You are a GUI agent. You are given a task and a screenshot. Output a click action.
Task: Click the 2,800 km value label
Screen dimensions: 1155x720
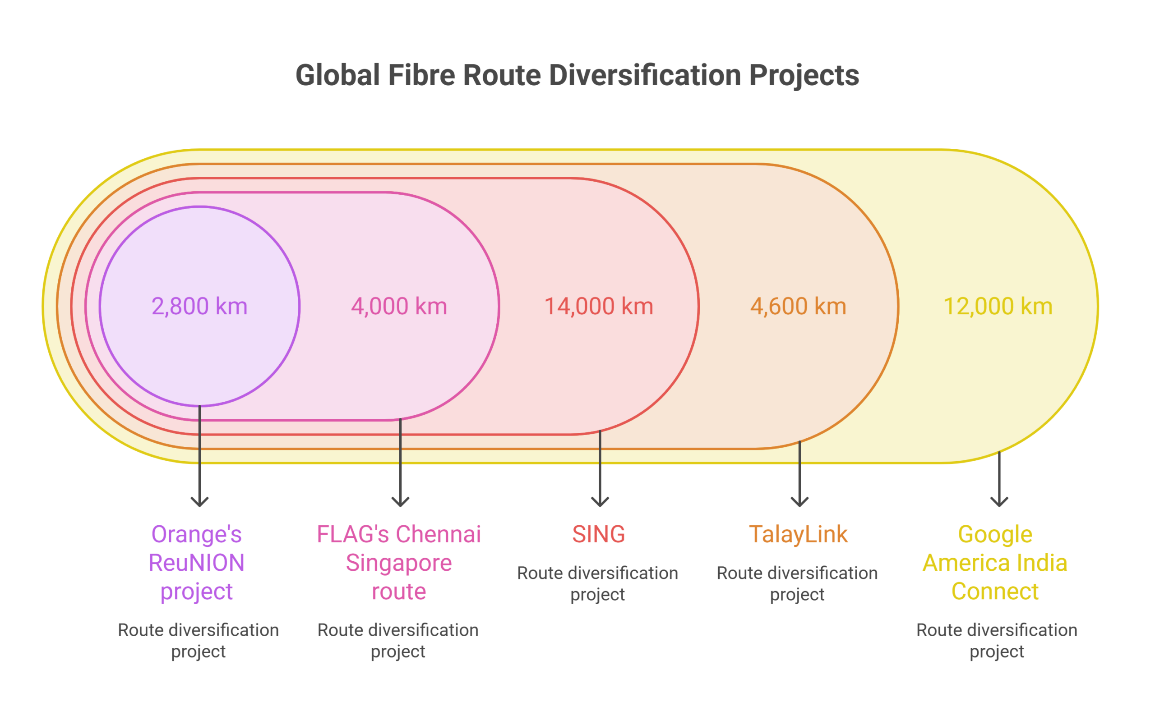(200, 306)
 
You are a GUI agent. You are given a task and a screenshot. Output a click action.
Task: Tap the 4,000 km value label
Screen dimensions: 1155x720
(399, 306)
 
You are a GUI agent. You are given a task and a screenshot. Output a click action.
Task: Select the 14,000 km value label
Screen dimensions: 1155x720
(599, 306)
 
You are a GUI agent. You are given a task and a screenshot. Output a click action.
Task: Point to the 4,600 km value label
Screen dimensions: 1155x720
(799, 306)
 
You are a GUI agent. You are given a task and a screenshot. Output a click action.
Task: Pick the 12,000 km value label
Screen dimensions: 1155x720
(998, 306)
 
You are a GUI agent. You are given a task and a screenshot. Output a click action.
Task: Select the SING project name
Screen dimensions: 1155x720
(599, 534)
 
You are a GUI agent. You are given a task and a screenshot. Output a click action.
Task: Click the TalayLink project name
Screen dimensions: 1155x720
(799, 534)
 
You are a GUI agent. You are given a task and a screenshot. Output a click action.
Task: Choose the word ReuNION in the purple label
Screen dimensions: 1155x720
(197, 563)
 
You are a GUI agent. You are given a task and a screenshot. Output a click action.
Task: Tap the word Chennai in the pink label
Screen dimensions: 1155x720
(442, 534)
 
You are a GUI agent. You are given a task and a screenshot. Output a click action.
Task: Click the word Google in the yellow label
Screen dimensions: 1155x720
(995, 534)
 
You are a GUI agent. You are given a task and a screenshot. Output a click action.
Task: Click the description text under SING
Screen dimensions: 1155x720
(598, 584)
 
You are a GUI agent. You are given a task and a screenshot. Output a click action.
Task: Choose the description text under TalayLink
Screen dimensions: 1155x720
(798, 584)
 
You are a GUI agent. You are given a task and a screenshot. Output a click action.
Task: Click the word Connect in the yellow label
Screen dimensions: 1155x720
(995, 592)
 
